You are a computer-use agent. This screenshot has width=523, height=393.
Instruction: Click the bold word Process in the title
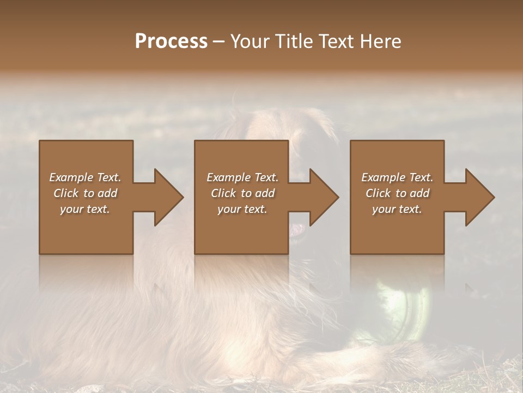tap(171, 41)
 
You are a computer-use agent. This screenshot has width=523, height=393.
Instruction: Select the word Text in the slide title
tap(337, 41)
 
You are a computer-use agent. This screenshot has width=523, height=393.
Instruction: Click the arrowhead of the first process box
tap(168, 197)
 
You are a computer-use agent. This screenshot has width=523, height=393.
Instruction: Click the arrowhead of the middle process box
tap(324, 197)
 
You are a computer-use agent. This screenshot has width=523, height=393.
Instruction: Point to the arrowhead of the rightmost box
tap(479, 197)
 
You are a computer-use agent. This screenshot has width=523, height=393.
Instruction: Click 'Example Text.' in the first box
tap(85, 177)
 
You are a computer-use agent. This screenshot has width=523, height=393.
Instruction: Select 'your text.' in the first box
tap(85, 209)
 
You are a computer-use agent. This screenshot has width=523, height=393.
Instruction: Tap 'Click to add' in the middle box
tap(242, 193)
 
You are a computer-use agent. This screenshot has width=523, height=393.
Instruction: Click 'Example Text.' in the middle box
tap(242, 177)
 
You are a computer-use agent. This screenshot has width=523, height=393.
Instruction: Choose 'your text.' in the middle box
tap(242, 209)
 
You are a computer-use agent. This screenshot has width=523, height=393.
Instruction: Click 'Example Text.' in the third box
tap(397, 177)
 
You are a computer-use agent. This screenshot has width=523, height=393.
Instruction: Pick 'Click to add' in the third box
tap(397, 193)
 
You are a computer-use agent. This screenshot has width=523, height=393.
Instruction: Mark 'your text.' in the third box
tap(397, 209)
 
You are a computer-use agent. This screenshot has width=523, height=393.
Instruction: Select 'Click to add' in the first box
tap(85, 193)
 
